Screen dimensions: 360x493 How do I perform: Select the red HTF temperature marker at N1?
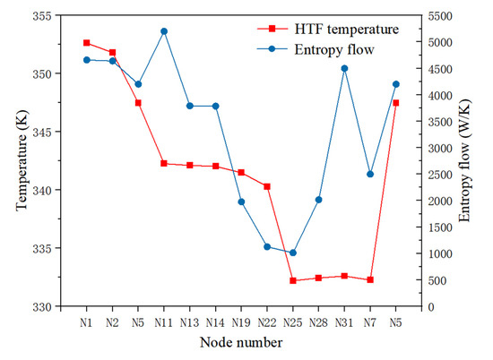pyautogui.click(x=86, y=42)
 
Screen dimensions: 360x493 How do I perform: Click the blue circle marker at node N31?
pyautogui.click(x=344, y=68)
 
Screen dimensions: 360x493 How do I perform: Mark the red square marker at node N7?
pyautogui.click(x=370, y=279)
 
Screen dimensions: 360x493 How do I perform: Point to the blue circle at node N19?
pyautogui.click(x=241, y=201)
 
